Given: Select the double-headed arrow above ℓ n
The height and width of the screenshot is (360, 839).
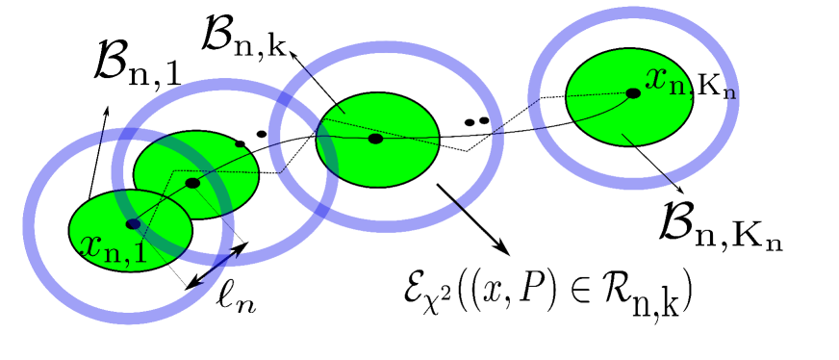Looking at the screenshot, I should pyautogui.click(x=219, y=263).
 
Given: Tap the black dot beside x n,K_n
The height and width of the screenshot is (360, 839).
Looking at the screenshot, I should pyautogui.click(x=632, y=93).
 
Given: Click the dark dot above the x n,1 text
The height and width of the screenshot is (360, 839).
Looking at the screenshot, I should pyautogui.click(x=133, y=223).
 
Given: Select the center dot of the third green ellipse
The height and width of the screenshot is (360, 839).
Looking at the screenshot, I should pyautogui.click(x=376, y=140).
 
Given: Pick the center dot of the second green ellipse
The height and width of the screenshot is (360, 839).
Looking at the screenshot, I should pyautogui.click(x=192, y=182).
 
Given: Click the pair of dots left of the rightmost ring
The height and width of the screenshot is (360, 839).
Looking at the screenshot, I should pyautogui.click(x=476, y=121).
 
